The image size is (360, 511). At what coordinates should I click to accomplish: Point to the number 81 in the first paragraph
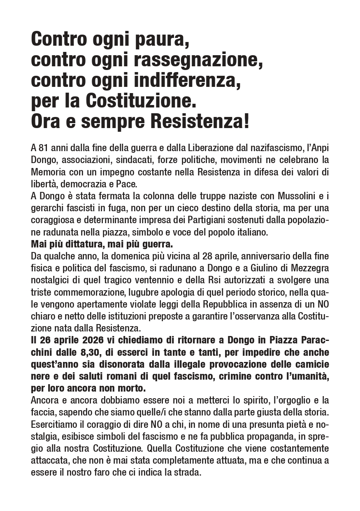44,148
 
